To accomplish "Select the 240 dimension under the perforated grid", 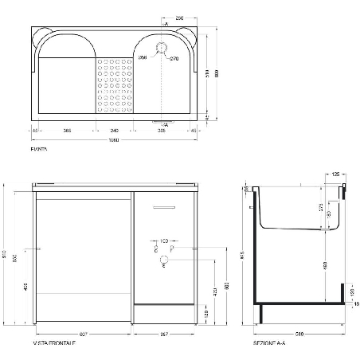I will (x=114, y=129).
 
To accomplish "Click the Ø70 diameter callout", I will (x=175, y=58).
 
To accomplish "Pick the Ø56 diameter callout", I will (x=143, y=57).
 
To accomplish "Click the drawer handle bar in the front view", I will (x=163, y=208).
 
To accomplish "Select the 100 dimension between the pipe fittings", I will (x=164, y=239).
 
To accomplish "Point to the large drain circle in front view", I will (x=164, y=260).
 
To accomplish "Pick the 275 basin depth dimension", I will (x=320, y=209).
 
